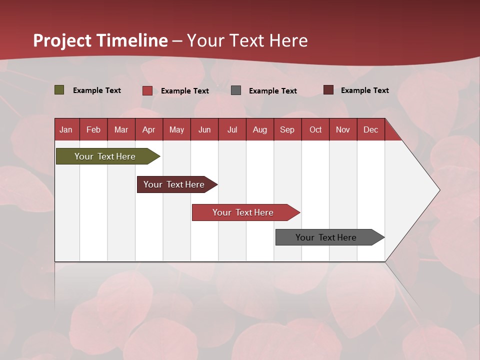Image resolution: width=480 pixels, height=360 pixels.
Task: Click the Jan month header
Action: coord(66,129)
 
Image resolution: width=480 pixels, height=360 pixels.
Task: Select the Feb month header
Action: coord(93,129)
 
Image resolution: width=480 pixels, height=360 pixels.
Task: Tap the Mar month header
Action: coord(121,129)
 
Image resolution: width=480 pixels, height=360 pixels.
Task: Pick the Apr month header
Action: coord(149,129)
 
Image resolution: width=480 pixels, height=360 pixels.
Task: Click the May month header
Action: coord(176,129)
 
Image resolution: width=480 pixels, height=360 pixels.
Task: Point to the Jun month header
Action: coord(204,129)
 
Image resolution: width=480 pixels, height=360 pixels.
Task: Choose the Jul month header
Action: coord(232,129)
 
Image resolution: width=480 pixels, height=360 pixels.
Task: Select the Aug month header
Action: coord(260,129)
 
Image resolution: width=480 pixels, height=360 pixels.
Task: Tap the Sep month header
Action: coord(287,129)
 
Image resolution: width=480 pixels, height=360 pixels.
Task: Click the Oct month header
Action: coord(315,129)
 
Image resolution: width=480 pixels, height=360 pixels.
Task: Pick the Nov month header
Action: coord(343,129)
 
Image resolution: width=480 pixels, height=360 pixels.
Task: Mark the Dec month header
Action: coord(371,129)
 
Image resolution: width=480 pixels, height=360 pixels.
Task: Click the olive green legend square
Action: coord(59,90)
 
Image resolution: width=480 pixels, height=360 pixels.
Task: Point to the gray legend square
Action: coord(236,90)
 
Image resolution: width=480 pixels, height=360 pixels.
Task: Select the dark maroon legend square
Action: coord(328,90)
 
